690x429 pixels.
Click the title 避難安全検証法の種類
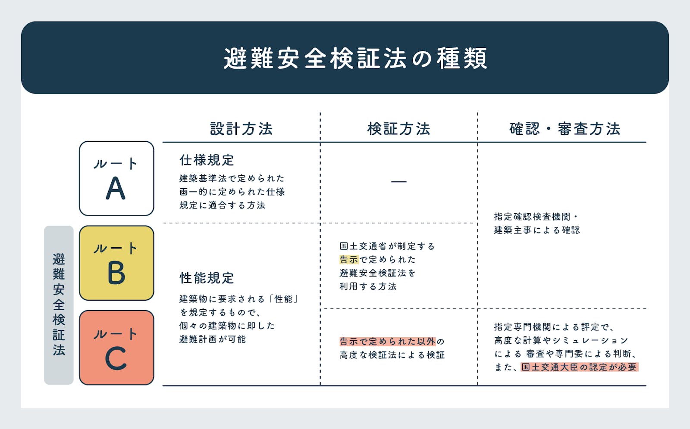click(355, 58)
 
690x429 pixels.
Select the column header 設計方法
click(241, 129)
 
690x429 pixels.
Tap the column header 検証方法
click(398, 129)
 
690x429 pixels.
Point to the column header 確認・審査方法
click(565, 129)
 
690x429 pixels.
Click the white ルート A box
click(116, 178)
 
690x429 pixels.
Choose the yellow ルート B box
click(116, 263)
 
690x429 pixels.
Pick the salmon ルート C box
click(116, 348)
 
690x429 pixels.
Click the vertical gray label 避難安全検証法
click(59, 305)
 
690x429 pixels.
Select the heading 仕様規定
click(207, 160)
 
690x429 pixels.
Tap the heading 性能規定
click(207, 278)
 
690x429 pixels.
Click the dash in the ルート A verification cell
click(398, 182)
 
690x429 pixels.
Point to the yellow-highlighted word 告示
click(349, 259)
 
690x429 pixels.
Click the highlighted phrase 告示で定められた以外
click(388, 341)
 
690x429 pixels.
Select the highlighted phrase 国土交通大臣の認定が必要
click(580, 367)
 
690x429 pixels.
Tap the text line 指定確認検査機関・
click(536, 217)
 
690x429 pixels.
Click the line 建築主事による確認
click(537, 230)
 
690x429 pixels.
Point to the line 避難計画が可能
click(213, 339)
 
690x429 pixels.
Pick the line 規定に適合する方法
click(222, 205)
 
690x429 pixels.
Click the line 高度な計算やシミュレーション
click(561, 340)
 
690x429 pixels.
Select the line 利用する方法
click(368, 286)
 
